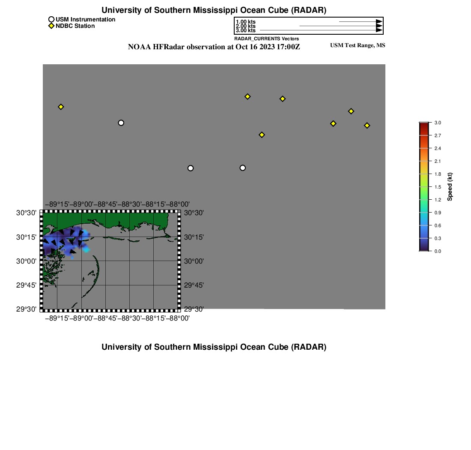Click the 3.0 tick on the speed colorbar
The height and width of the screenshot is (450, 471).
coord(438,123)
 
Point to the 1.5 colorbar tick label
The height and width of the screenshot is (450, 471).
coord(438,187)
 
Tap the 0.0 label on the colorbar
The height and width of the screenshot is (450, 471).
coord(438,251)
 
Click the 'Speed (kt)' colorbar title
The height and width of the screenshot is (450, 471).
coord(450,187)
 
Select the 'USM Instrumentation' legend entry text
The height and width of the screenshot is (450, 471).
coord(85,20)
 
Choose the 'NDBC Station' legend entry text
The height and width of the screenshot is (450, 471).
coord(75,26)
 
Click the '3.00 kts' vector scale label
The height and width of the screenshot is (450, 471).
coord(246,30)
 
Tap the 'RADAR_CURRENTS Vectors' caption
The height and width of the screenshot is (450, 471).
coord(266,39)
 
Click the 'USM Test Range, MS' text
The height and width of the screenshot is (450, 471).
coord(358,45)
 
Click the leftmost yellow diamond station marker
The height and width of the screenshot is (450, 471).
coord(61,107)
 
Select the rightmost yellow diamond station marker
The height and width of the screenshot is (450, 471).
coord(367,125)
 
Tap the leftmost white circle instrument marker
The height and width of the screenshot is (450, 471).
coord(121,123)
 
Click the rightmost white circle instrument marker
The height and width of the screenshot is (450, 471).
coord(243,168)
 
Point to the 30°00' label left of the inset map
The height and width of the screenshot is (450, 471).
coord(26,261)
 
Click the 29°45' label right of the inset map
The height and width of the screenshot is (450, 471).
coord(194,285)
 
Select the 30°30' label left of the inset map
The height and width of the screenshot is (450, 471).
coord(26,213)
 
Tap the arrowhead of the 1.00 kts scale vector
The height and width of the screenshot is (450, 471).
coord(379,22)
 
